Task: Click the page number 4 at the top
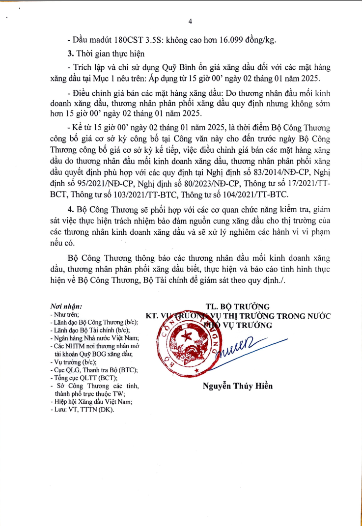click(x=190, y=21)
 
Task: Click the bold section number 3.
click(x=70, y=54)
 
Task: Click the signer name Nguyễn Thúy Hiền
click(x=238, y=386)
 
